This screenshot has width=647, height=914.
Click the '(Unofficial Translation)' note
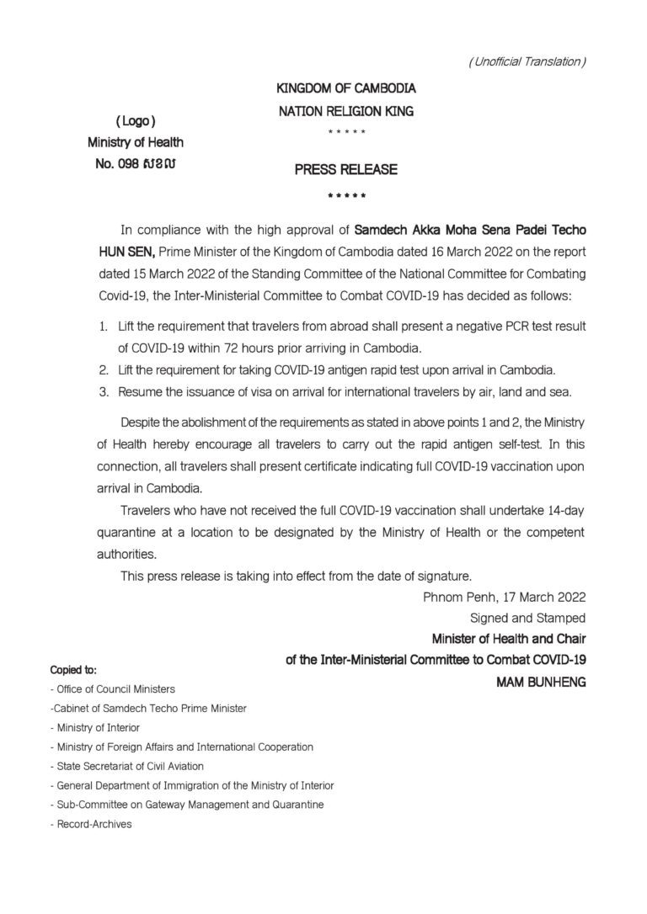(527, 61)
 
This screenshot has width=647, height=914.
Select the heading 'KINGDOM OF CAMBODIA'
(346, 88)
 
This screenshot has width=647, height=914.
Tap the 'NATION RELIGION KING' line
(346, 111)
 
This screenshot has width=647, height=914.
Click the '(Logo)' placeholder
(135, 120)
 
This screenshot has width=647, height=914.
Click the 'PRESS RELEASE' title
(345, 170)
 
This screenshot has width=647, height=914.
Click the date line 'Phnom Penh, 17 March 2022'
(504, 597)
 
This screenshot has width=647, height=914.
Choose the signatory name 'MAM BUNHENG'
(541, 682)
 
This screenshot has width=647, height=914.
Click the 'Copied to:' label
(73, 671)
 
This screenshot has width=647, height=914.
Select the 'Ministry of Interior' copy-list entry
(95, 727)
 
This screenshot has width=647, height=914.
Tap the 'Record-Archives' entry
(91, 824)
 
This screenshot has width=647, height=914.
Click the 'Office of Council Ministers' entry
(113, 689)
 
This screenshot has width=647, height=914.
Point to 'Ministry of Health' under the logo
(135, 141)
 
